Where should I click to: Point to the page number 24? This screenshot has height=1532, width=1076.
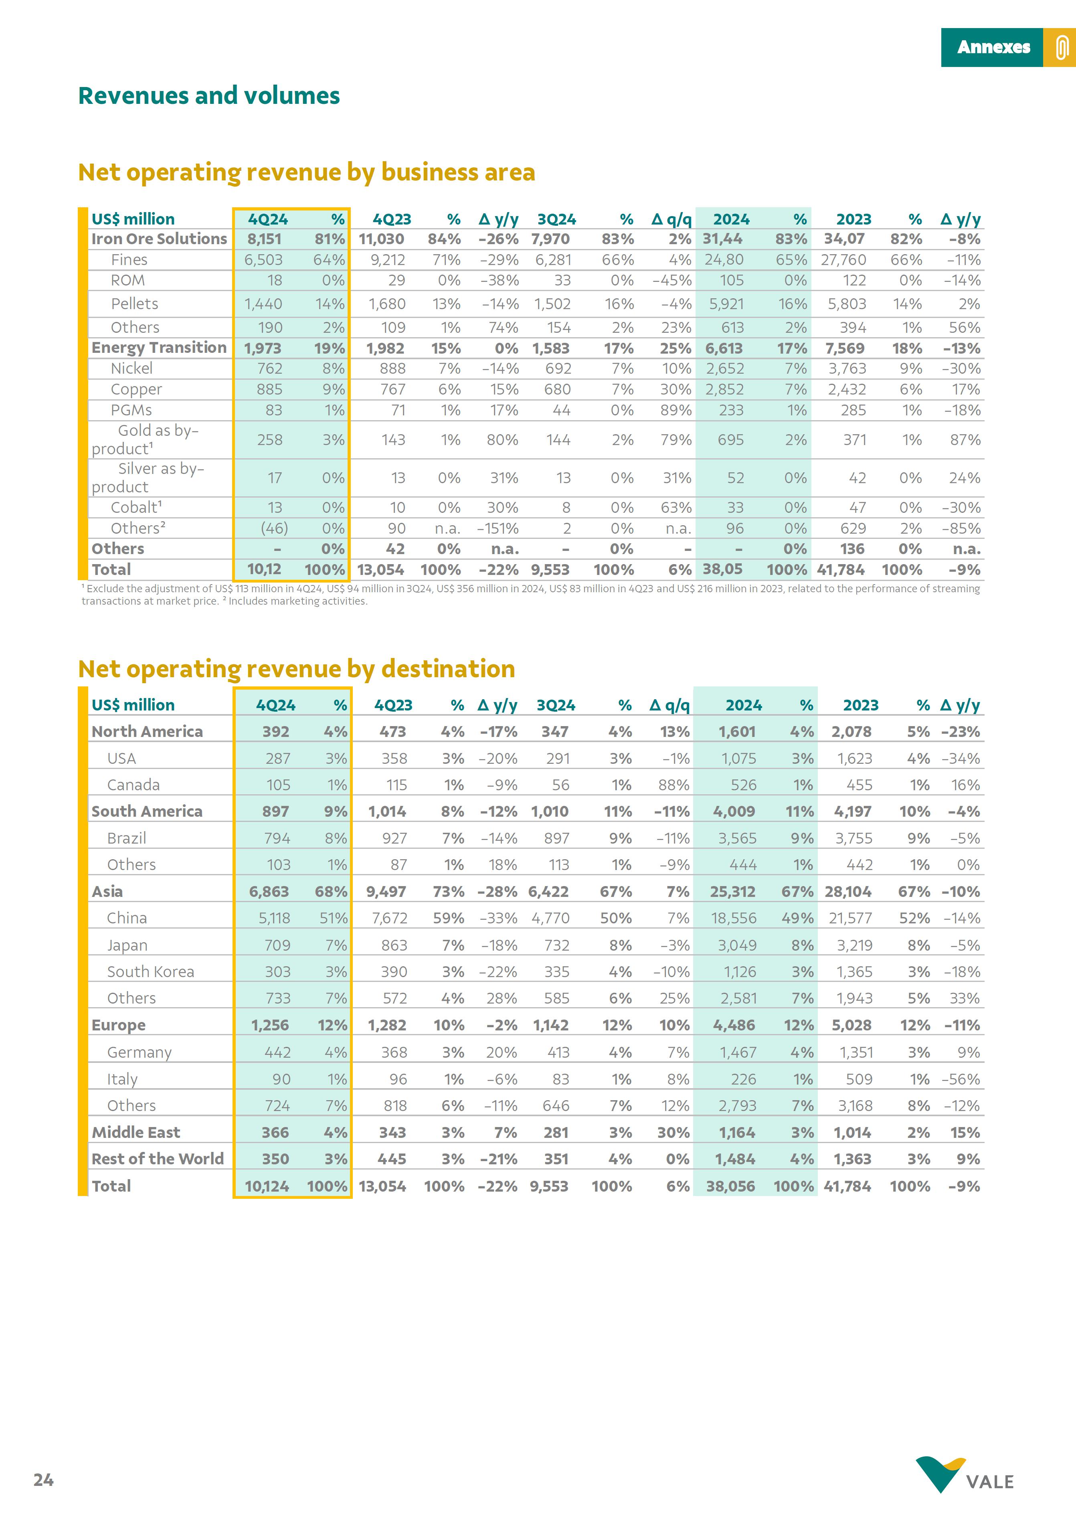click(43, 1480)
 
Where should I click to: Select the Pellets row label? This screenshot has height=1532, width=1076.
click(135, 304)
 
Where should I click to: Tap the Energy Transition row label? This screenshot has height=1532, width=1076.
click(159, 348)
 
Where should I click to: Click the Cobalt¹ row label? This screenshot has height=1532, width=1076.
click(136, 508)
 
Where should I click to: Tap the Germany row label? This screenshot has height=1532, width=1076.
click(140, 1052)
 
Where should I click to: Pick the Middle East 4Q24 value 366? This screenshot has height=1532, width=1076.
click(275, 1132)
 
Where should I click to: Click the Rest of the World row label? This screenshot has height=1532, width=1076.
click(158, 1159)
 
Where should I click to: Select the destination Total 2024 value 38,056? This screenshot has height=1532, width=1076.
click(730, 1186)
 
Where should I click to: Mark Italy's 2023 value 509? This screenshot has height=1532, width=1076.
click(859, 1079)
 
